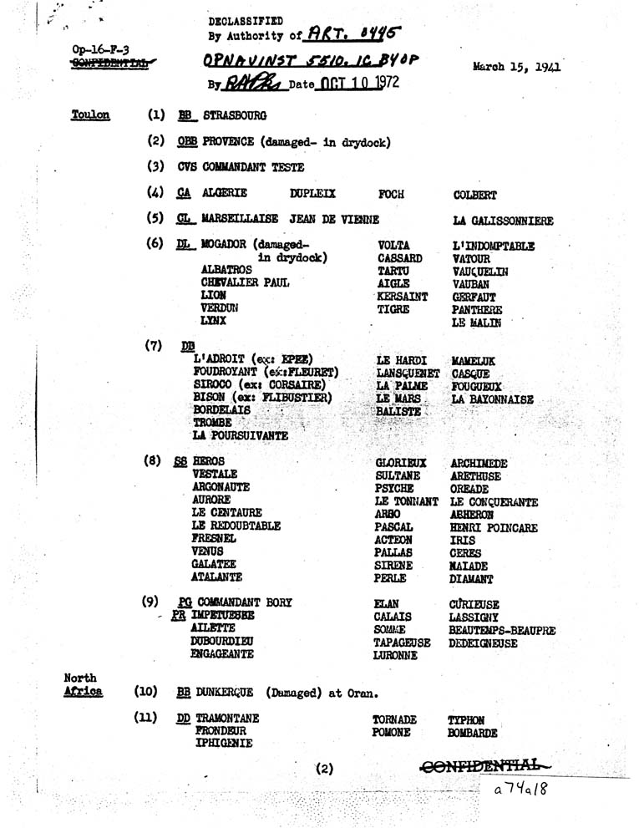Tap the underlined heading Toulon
pyautogui.click(x=90, y=114)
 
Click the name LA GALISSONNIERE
pyautogui.click(x=501, y=221)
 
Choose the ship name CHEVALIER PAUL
pyautogui.click(x=245, y=282)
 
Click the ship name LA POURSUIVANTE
pyautogui.click(x=240, y=435)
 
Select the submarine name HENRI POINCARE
pyautogui.click(x=493, y=528)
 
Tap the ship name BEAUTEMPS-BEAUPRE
pyautogui.click(x=502, y=632)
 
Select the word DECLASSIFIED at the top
pyautogui.click(x=245, y=20)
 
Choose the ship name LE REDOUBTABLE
pyautogui.click(x=236, y=526)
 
